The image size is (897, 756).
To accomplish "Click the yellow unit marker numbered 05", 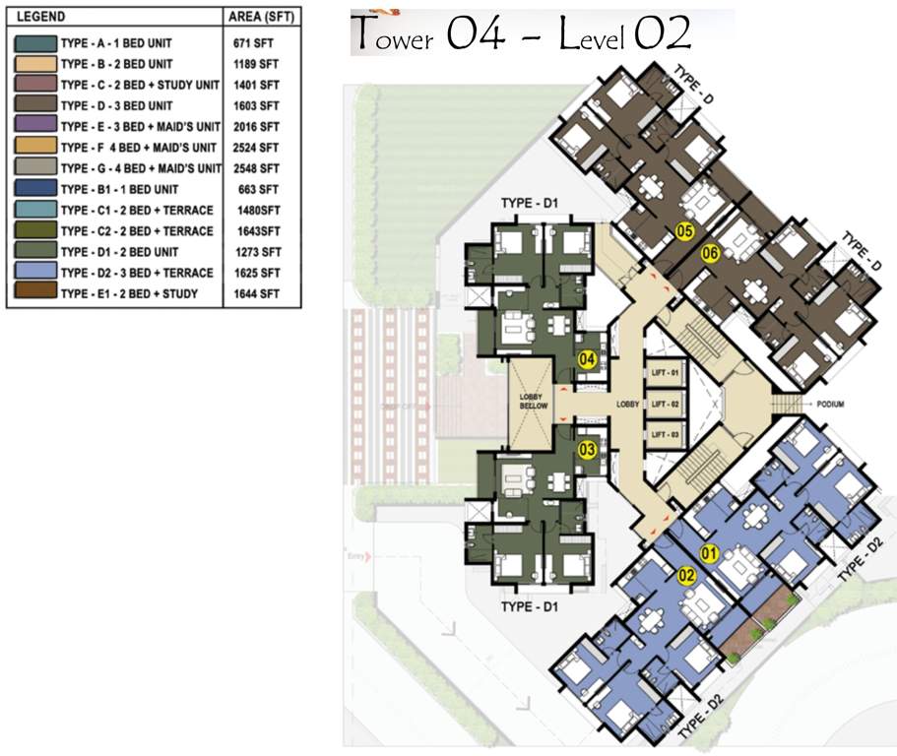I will (x=686, y=232).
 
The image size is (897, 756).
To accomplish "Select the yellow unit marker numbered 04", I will (x=588, y=360).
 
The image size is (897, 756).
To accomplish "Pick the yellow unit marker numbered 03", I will (x=588, y=450).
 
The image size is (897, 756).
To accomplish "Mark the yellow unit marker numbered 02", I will (x=686, y=575).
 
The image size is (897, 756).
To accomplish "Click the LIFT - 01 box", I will (x=664, y=374).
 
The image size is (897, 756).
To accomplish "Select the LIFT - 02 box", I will (x=664, y=405).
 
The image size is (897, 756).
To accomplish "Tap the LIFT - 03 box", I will (x=664, y=434).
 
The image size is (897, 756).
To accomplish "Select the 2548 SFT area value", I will (x=257, y=168).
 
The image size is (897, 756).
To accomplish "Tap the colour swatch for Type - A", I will (x=34, y=42).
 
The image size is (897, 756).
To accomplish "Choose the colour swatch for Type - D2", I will (x=34, y=273).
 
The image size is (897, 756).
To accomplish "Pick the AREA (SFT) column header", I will (x=259, y=17).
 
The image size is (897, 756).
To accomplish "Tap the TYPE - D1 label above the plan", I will (x=530, y=204).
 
